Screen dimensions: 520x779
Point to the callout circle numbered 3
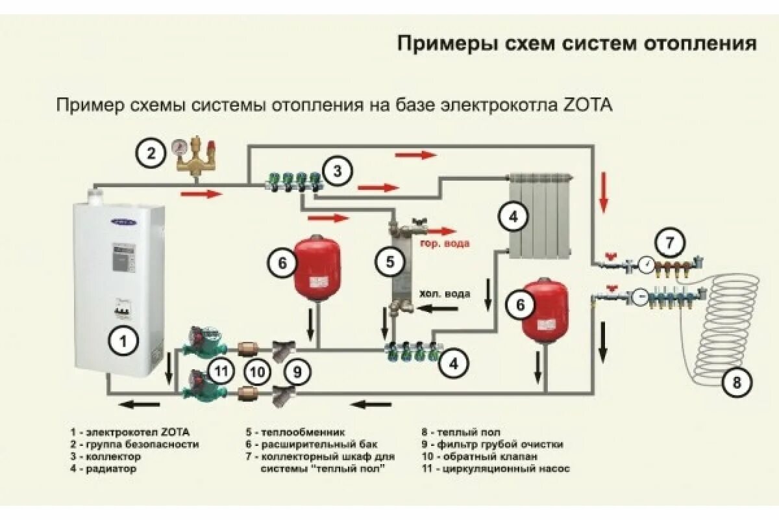pos(337,172)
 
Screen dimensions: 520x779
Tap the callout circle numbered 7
pos(669,242)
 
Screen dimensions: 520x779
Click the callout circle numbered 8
pos(737,382)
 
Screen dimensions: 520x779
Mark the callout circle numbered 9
pos(297,372)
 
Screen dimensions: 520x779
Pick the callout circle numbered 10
pos(258,372)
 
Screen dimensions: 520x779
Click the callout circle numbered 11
pos(222,372)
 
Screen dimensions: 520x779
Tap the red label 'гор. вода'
pos(444,244)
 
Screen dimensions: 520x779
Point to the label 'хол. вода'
pos(444,292)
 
